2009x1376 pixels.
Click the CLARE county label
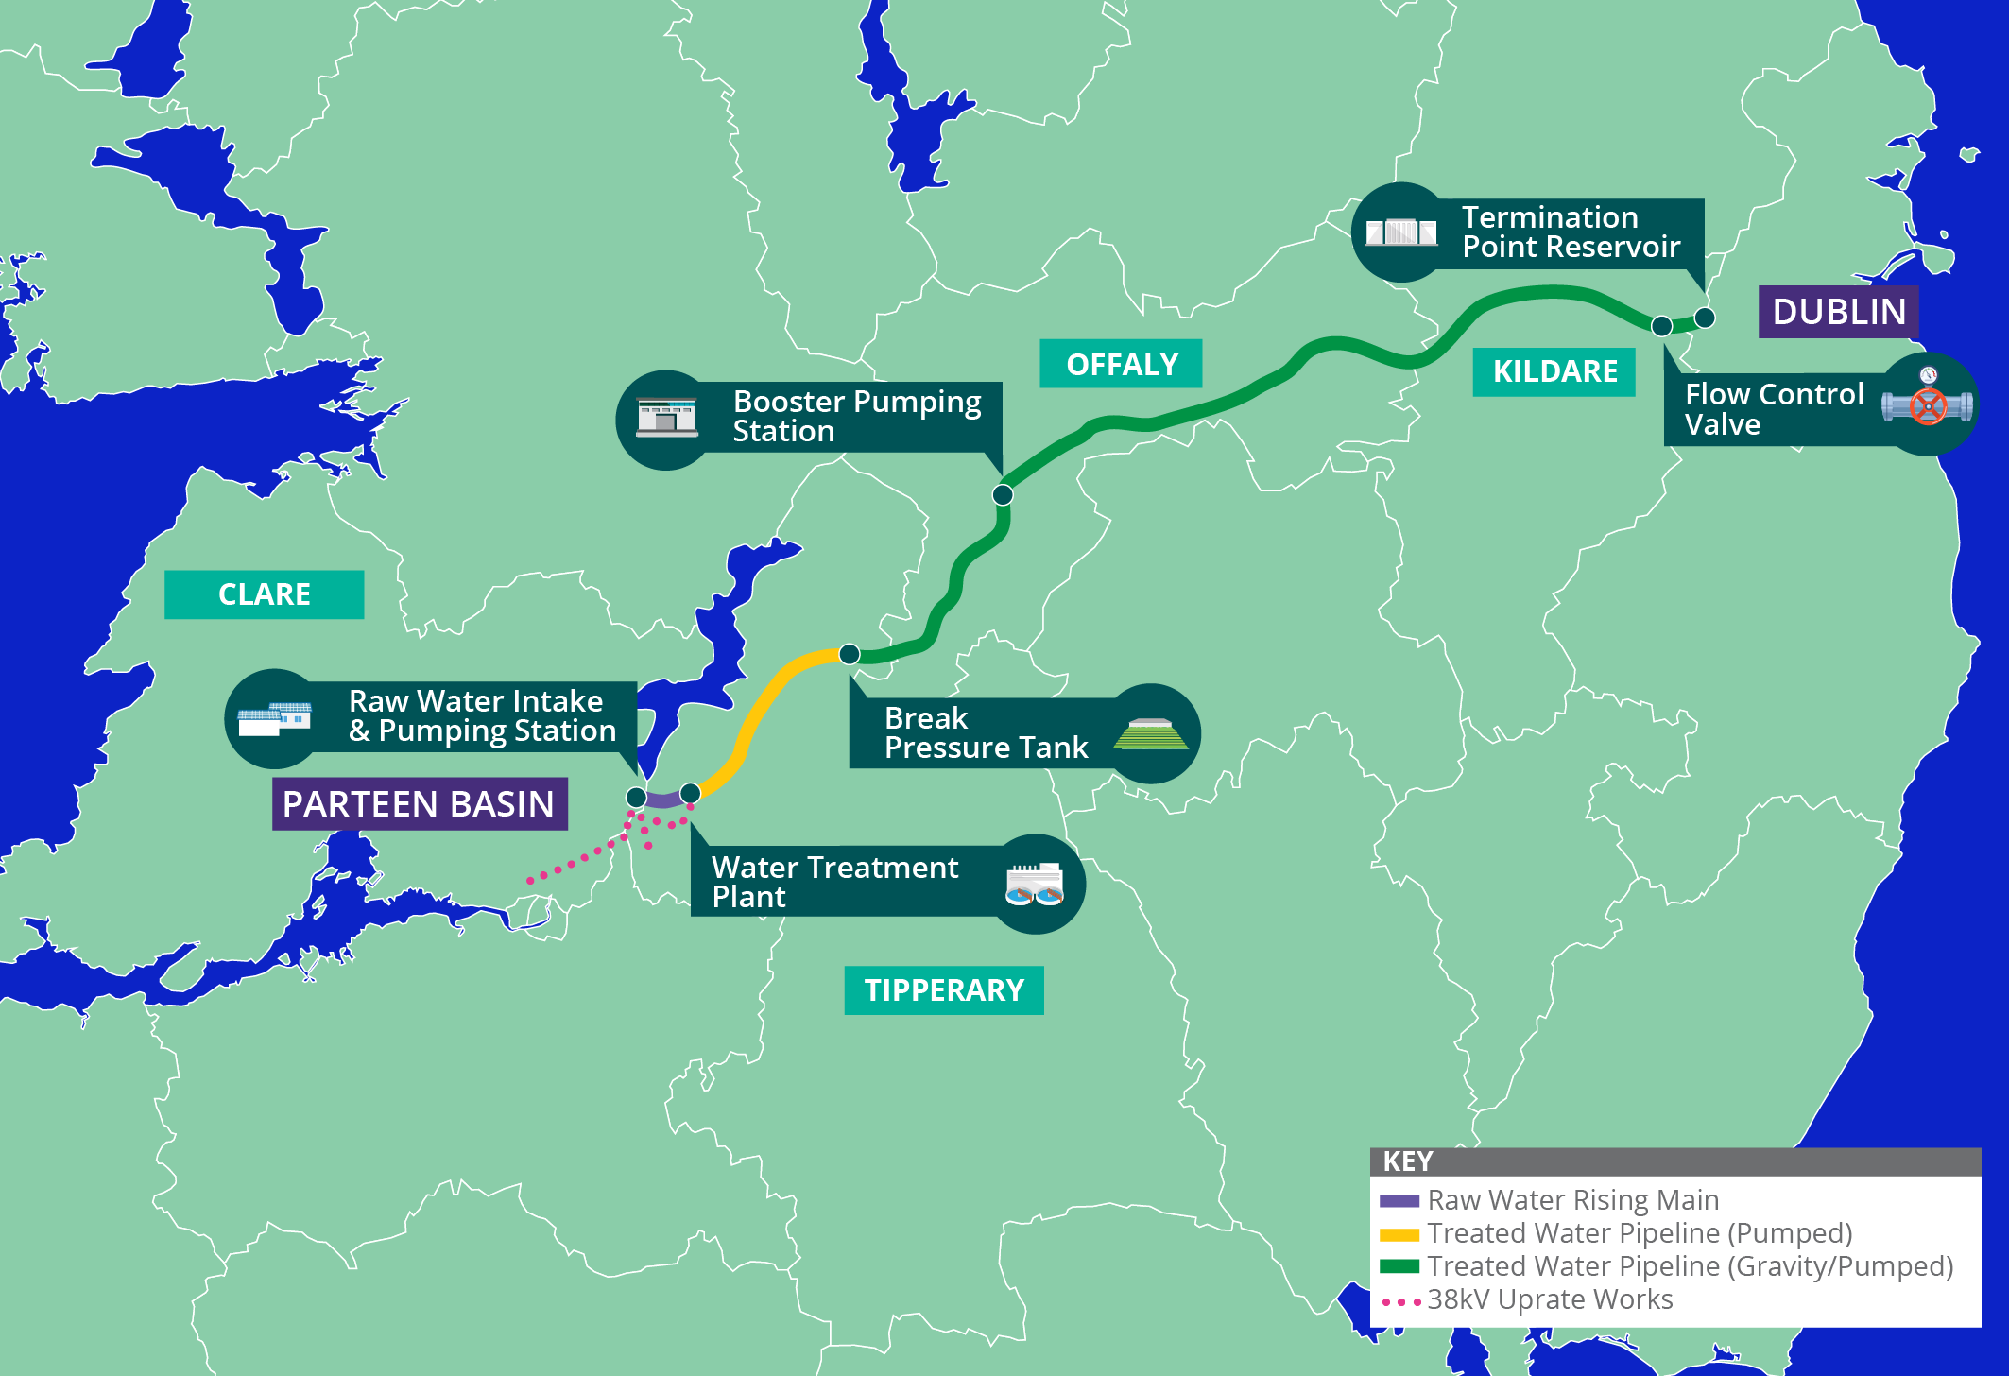(264, 594)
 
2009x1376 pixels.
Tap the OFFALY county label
(1122, 364)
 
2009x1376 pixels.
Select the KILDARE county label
(1554, 371)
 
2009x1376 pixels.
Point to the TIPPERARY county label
(944, 990)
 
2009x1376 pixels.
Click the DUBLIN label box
(1838, 312)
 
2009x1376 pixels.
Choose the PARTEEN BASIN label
(420, 804)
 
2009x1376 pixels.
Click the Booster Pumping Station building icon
(666, 418)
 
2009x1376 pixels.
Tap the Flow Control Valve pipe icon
(1927, 404)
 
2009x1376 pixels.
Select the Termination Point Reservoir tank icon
(1401, 232)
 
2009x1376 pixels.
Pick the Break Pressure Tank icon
(1150, 734)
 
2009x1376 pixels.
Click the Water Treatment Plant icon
(1035, 885)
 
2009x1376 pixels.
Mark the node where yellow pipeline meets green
(850, 654)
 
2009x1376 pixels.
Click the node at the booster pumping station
(1003, 494)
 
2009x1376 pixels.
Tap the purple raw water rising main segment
(664, 800)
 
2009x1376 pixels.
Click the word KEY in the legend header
(1408, 1161)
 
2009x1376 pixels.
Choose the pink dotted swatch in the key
(1400, 1301)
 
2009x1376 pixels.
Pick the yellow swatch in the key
(1399, 1234)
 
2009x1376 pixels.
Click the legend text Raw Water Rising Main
(1572, 1200)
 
